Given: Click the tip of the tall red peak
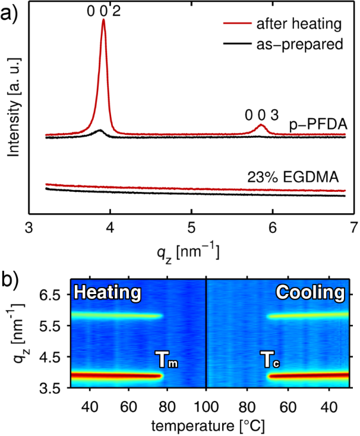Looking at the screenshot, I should [104, 20].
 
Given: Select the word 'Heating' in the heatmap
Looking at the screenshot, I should [108, 293].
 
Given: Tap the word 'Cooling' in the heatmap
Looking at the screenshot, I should [310, 293].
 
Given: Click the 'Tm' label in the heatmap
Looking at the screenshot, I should [167, 360].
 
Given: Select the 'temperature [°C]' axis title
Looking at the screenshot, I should [207, 426].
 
